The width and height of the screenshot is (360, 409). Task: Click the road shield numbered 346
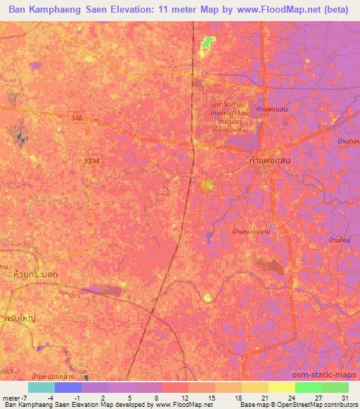click(77, 120)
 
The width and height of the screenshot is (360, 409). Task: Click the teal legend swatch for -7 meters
click(41, 387)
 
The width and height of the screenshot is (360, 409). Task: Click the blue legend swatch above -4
click(68, 387)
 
